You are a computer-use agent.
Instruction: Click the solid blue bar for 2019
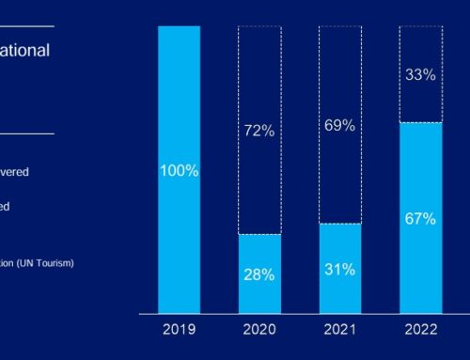[x=179, y=113]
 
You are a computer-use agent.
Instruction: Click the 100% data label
[x=179, y=171]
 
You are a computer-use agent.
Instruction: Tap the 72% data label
[x=259, y=131]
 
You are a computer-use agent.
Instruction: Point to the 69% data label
[x=340, y=125]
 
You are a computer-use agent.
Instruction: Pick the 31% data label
[x=340, y=269]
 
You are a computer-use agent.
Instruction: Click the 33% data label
[x=420, y=74]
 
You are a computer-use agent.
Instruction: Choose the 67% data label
[x=420, y=218]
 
